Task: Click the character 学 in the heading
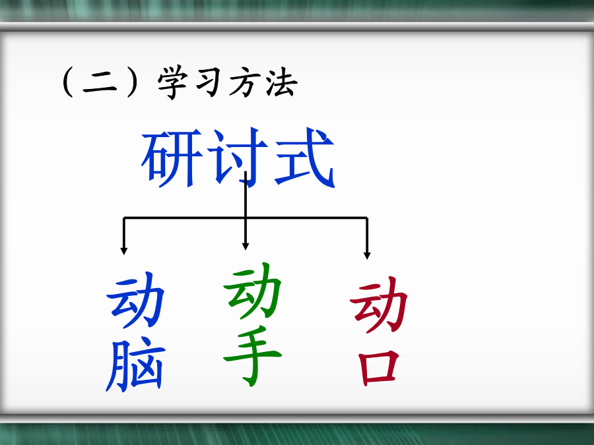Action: point(173,82)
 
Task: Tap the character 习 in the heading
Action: point(209,82)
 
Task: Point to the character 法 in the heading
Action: point(281,82)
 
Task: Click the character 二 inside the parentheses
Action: point(100,83)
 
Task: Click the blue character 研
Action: point(172,158)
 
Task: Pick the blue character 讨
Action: point(238,157)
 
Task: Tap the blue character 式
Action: point(305,157)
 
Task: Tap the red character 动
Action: point(378,305)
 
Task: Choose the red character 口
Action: point(378,367)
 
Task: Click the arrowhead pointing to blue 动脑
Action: point(123,251)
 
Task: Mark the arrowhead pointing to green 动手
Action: point(246,247)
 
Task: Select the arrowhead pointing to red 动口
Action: point(367,255)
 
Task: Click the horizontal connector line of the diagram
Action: point(245,218)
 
